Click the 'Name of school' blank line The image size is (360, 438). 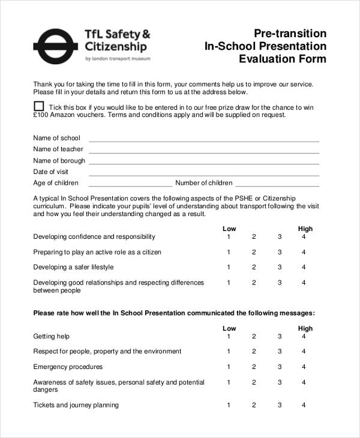pyautogui.click(x=204, y=140)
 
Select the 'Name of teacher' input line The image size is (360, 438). pyautogui.click(x=204, y=152)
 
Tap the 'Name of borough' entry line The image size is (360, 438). pyautogui.click(x=204, y=163)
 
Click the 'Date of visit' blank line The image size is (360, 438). pyautogui.click(x=204, y=175)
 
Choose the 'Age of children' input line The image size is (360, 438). pyautogui.click(x=130, y=185)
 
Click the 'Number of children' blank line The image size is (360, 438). pyautogui.click(x=277, y=185)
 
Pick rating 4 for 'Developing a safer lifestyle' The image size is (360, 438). pyautogui.click(x=304, y=267)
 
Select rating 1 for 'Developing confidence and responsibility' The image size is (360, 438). pyautogui.click(x=229, y=236)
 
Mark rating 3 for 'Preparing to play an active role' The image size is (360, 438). pyautogui.click(x=279, y=252)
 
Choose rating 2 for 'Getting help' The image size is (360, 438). pyautogui.click(x=254, y=336)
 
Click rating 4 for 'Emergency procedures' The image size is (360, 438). pyautogui.click(x=304, y=367)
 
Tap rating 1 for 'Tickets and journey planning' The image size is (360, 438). pyautogui.click(x=229, y=405)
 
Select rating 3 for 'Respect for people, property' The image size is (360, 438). pyautogui.click(x=279, y=351)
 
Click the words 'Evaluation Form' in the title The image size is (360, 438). pyautogui.click(x=283, y=59)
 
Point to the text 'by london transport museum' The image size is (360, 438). pyautogui.click(x=118, y=59)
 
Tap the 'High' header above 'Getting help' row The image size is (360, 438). pyautogui.click(x=305, y=328)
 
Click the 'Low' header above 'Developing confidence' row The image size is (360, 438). pyautogui.click(x=229, y=229)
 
